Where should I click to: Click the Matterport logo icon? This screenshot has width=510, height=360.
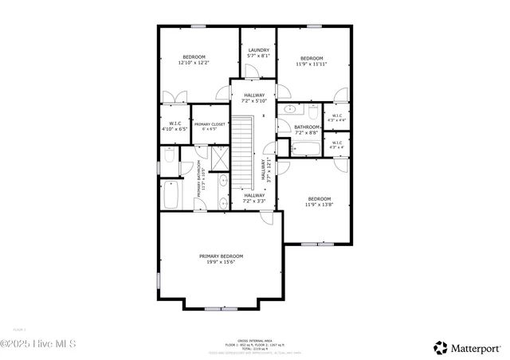pos(440,347)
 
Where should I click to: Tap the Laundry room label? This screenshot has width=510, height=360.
pos(259,53)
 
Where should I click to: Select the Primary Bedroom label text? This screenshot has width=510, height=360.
pos(221,259)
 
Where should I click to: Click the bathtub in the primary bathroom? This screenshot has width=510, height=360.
pos(171,194)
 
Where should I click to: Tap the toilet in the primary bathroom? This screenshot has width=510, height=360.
pos(169,155)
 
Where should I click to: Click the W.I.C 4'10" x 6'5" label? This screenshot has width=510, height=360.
pos(173,126)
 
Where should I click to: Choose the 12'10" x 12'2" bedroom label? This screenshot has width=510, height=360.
pos(194,60)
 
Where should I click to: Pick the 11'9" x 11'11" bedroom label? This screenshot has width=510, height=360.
pos(312,61)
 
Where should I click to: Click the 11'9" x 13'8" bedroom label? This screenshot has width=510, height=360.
pos(320,202)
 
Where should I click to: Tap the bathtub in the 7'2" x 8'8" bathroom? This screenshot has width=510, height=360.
pos(306,148)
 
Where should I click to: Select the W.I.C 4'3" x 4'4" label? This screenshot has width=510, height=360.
pos(336,118)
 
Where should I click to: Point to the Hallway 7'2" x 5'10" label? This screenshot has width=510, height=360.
pos(254,98)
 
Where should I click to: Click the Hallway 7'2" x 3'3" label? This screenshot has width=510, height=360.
pos(254,198)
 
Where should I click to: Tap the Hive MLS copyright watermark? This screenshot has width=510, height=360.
pos(37,343)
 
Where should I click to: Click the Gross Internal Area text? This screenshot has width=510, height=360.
pos(254,341)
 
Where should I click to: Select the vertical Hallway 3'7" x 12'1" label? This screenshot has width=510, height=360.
pos(267,170)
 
